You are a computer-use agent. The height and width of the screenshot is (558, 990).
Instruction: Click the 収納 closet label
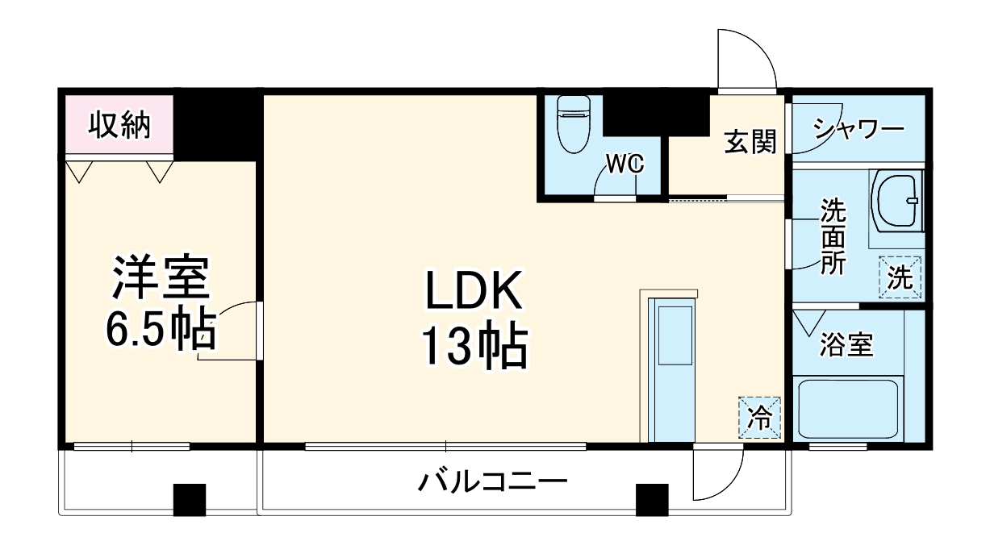click(119, 126)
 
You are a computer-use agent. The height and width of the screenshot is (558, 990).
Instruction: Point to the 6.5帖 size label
click(161, 329)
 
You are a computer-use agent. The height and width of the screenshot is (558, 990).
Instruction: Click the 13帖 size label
click(473, 348)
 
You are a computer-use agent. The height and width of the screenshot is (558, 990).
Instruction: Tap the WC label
click(624, 165)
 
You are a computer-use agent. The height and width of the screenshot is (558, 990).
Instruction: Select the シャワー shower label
click(858, 130)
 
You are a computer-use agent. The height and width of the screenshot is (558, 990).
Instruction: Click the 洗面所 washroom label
click(833, 238)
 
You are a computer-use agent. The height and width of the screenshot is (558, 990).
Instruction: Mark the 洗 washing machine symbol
click(900, 277)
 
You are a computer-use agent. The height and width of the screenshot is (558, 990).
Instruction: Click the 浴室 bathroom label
click(846, 345)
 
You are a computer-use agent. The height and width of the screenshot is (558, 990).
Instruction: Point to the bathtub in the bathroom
click(848, 410)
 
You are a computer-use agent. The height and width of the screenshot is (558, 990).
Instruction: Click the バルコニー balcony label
click(492, 484)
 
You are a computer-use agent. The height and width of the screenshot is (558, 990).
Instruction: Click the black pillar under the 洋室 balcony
click(190, 499)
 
